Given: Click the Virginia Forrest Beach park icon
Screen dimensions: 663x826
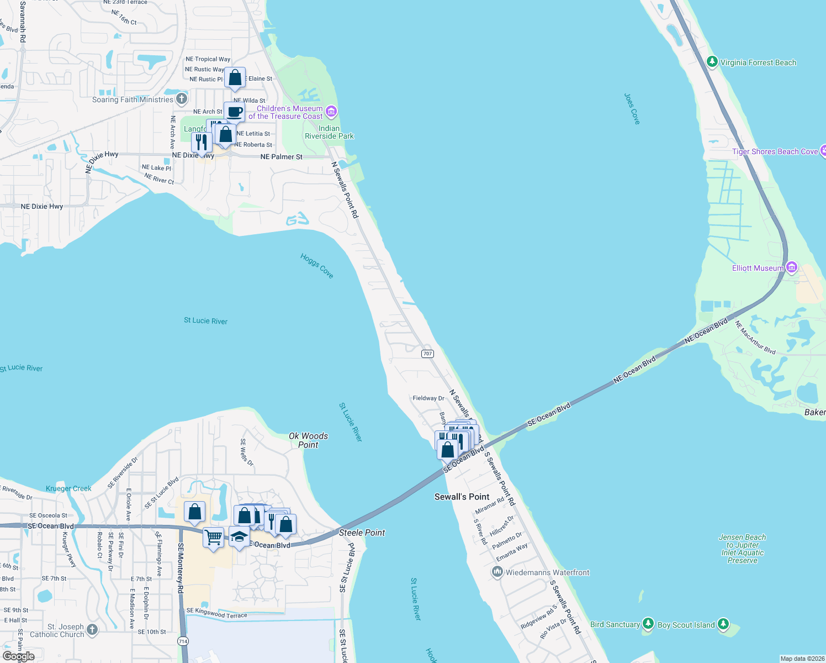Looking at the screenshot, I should tap(712, 62).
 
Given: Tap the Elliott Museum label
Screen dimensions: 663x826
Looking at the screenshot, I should tap(758, 268).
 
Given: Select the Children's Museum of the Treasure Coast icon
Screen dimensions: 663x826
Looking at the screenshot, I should tap(331, 112).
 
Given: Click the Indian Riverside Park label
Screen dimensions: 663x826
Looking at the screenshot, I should tap(329, 132).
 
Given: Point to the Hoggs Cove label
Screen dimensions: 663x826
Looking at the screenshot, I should tap(317, 266).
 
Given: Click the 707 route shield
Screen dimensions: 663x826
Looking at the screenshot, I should tap(427, 354).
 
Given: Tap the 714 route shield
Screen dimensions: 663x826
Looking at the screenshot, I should tap(183, 641).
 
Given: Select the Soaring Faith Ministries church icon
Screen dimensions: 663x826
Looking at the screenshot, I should tap(182, 99).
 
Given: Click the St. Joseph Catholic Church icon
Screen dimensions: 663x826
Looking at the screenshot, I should tap(92, 629).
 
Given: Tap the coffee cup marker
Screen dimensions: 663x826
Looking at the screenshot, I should tap(234, 112).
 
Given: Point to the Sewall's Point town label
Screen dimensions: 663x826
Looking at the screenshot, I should tap(462, 497).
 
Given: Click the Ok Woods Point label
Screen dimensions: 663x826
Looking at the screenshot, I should tap(308, 440).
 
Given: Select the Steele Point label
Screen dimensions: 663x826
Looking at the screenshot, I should tap(362, 533).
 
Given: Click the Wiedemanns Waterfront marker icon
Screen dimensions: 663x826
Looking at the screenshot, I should tap(497, 572).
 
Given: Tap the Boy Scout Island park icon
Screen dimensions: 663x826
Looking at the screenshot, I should tap(723, 624).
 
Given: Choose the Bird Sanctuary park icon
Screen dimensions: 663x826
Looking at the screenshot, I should tap(648, 624).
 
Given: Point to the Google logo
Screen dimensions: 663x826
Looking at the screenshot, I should tap(19, 656).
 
